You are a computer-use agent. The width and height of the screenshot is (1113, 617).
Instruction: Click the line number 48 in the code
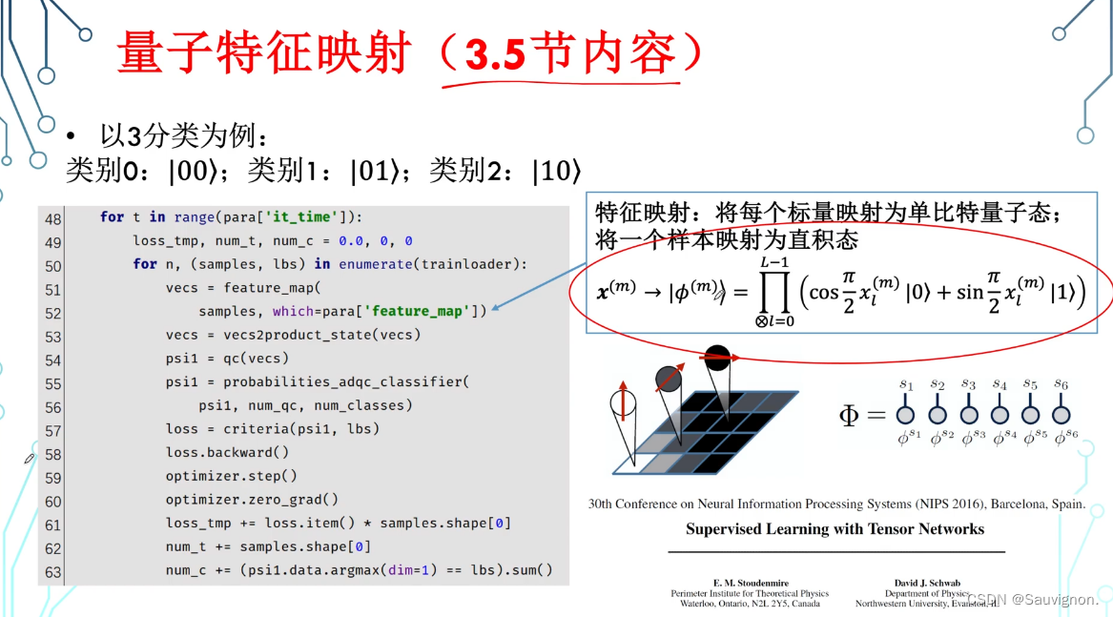52,218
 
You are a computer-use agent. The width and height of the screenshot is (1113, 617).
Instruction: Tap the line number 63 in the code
52,571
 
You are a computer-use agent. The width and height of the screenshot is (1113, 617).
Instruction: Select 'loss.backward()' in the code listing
227,453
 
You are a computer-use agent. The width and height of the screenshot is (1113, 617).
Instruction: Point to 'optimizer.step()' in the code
231,476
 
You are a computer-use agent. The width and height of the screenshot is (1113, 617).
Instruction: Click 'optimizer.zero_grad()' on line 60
252,500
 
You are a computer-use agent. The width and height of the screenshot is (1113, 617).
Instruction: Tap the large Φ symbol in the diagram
849,416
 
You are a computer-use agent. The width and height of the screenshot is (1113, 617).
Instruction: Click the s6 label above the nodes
1061,384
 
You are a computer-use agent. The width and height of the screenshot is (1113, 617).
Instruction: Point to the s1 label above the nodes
906,384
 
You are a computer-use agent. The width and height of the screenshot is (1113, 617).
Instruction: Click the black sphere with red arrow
716,360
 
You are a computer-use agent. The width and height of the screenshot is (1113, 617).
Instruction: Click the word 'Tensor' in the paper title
876,529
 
